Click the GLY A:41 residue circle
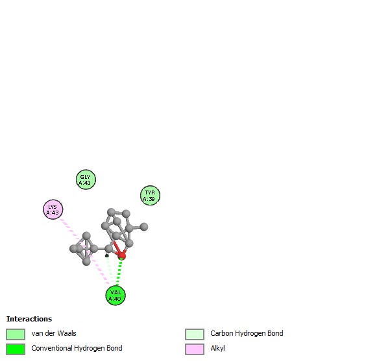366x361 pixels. [86, 180]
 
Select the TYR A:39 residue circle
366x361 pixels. [150, 195]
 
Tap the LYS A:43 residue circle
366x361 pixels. [53, 209]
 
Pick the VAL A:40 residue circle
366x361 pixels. [116, 296]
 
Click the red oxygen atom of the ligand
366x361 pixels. [121, 256]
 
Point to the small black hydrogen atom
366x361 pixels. [107, 255]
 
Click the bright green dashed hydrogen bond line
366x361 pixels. [119, 272]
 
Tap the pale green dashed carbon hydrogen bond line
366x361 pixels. [110, 271]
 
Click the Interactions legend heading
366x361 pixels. [29, 319]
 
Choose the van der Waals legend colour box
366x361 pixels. [16, 334]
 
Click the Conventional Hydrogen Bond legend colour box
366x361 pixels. [16, 349]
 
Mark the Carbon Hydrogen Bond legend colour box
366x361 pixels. [195, 334]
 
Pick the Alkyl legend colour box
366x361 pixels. [195, 349]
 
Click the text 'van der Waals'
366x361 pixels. [54, 333]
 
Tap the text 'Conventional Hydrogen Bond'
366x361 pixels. [77, 348]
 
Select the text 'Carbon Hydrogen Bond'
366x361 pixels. [247, 333]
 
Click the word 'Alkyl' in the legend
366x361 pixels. [217, 348]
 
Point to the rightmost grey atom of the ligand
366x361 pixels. [144, 227]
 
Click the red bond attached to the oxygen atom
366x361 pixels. [117, 248]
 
